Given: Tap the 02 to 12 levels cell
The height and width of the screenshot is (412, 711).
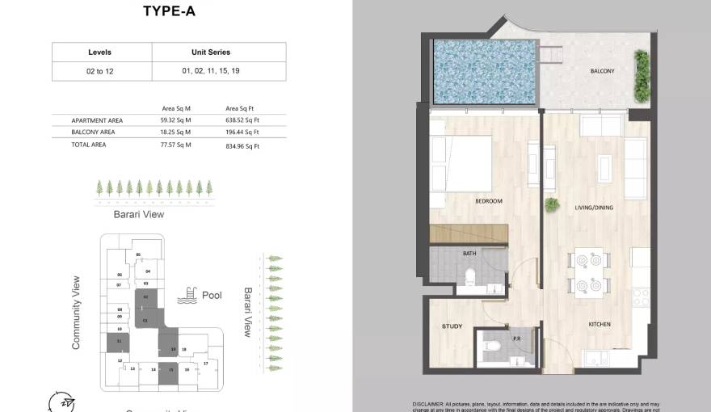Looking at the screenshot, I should tap(99, 71).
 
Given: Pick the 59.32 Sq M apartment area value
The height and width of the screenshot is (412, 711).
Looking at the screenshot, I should tap(175, 120).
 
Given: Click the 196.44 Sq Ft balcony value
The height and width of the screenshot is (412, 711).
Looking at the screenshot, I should tap(242, 132).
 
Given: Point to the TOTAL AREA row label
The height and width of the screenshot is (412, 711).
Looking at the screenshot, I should tap(89, 145).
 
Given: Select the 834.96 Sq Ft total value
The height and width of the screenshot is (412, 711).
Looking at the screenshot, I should tap(242, 146).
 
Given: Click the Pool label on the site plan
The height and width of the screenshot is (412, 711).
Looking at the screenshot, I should tap(212, 296).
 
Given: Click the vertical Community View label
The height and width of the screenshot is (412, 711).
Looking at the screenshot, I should tap(77, 313).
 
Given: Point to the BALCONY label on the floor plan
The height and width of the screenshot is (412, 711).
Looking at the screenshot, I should tap(602, 71).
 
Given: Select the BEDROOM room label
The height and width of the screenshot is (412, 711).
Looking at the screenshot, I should tap(489, 201).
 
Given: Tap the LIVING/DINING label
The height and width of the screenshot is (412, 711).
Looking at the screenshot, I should tap(594, 208).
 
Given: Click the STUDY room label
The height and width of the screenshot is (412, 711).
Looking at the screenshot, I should tap(452, 326).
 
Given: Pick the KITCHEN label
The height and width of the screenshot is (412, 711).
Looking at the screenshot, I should tap(599, 324).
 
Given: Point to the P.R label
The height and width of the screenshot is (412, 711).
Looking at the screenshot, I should tap(517, 338).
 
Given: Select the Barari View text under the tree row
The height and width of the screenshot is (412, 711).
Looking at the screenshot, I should tap(139, 214).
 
